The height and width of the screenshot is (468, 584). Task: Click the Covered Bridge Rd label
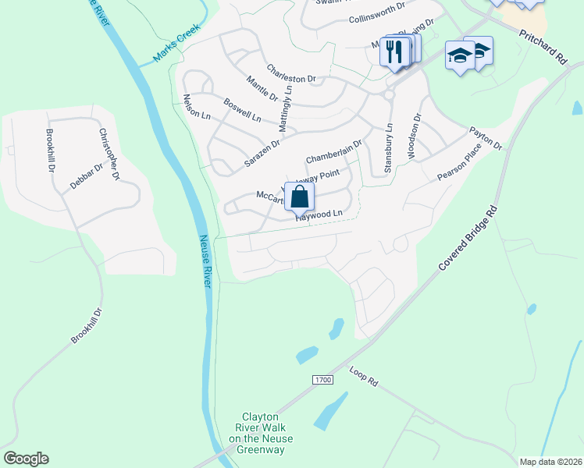tap(467, 239)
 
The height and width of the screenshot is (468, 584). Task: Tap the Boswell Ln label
tap(242, 110)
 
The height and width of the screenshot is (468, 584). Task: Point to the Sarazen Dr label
tap(262, 145)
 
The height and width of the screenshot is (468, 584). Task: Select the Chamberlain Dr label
tap(333, 151)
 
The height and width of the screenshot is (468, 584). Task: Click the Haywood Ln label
tap(319, 214)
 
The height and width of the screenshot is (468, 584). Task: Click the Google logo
tap(26, 459)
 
